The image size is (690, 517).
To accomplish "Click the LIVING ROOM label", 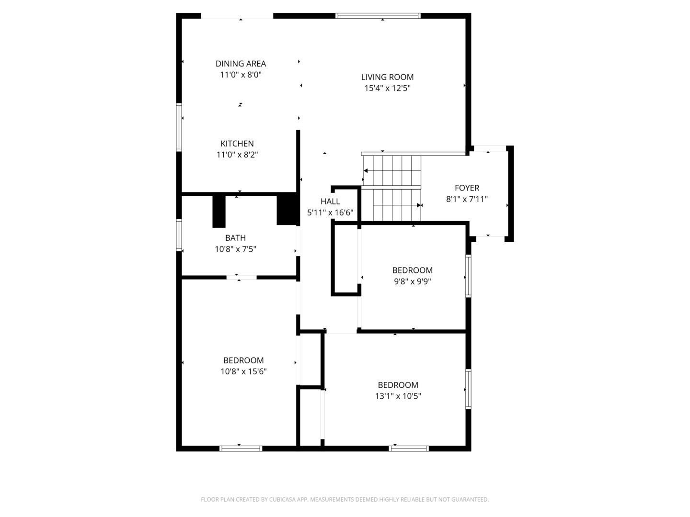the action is [387, 77].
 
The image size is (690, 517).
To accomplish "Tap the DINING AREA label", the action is [241, 64].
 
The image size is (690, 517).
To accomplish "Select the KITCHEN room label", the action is [237, 144].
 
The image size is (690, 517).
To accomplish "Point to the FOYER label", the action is [467, 188].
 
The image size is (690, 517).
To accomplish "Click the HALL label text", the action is [330, 201].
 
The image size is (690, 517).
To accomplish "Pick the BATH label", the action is [235, 238].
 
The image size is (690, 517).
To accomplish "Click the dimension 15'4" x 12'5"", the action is [387, 88].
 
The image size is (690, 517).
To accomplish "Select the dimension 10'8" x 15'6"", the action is [243, 371].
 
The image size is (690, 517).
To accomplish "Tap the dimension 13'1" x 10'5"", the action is [398, 396].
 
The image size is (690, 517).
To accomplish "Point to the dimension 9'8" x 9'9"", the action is [412, 281].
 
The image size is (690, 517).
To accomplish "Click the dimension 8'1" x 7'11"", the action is [467, 199].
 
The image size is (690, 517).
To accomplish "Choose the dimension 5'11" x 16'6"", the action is [330, 213].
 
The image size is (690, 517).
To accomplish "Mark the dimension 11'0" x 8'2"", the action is [237, 155].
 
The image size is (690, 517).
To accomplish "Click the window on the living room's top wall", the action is [378, 16].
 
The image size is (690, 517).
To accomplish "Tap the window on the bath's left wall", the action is [179, 235].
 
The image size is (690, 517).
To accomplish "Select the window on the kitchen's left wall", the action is [179, 127].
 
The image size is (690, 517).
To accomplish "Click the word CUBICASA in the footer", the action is [283, 499].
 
